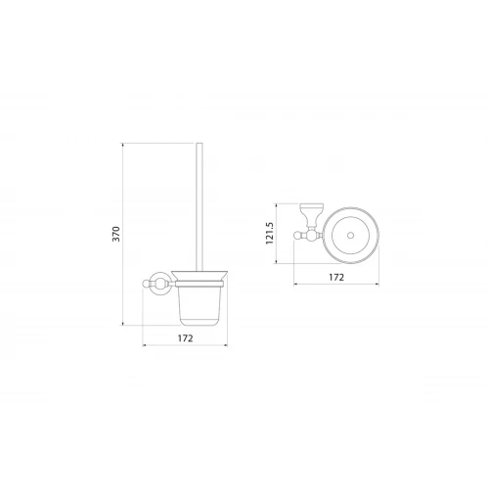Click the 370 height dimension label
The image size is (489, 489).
pos(116,234)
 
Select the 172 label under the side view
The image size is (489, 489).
pos(185,338)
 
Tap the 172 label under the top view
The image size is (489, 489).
pos(336,277)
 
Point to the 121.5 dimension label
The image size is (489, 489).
pos(270,233)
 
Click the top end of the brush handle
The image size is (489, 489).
pos(200,144)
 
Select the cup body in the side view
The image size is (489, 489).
pos(200,305)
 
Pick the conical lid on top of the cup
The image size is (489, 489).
pos(200,276)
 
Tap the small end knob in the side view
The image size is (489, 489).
pos(146,284)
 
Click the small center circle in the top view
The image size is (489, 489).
pos(350,236)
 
